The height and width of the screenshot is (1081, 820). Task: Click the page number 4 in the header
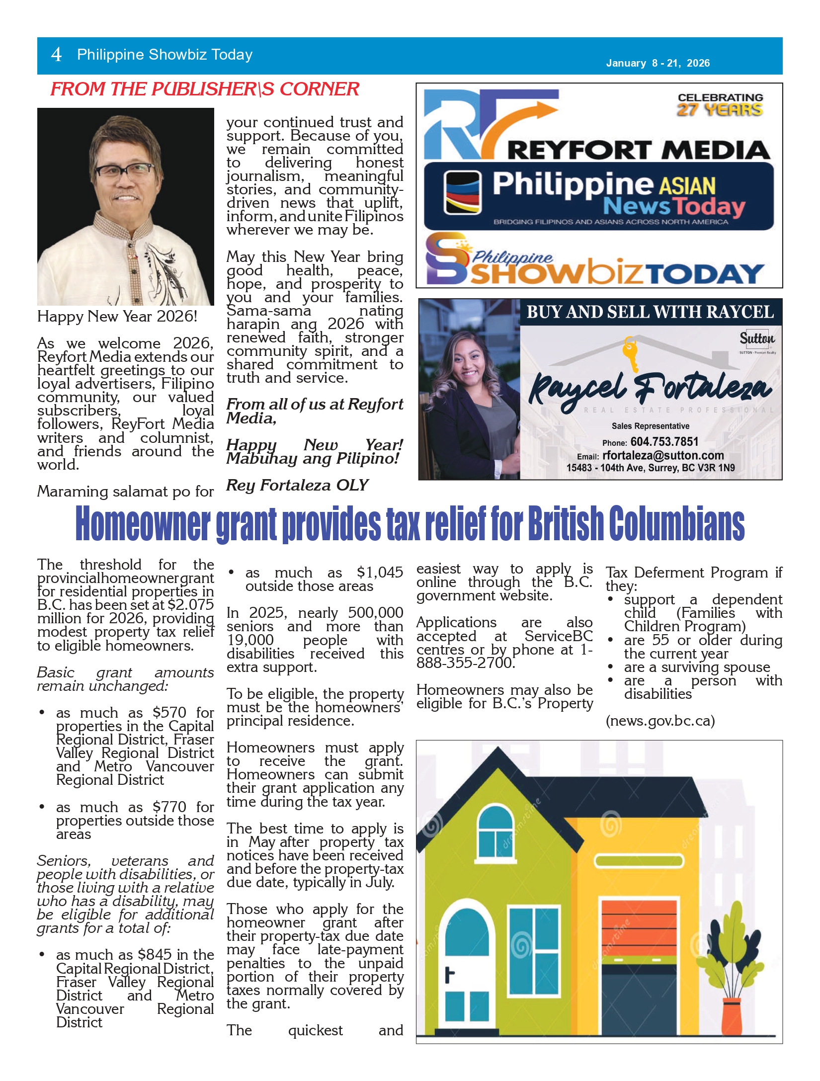(56, 55)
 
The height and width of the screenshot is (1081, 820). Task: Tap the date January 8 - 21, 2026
(657, 63)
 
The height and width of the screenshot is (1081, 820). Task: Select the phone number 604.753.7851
(664, 442)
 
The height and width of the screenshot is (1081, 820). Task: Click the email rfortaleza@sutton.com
(663, 455)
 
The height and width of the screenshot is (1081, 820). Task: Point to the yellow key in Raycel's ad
(631, 352)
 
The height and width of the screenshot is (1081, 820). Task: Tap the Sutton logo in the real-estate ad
(756, 339)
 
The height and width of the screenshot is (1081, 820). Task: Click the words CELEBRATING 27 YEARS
(720, 104)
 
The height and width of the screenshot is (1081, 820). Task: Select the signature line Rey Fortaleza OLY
(297, 485)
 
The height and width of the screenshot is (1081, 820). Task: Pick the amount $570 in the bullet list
(169, 713)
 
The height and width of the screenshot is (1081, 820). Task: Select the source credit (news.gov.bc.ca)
(660, 721)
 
